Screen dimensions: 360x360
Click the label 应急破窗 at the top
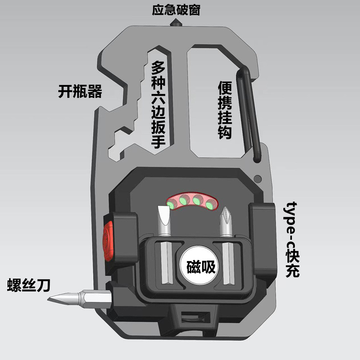point(176,10)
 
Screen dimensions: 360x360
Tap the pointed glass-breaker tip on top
point(176,22)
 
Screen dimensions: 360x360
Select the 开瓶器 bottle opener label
point(80,91)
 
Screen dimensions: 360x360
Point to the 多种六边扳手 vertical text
point(158,104)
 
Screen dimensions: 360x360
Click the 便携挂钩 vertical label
point(225,110)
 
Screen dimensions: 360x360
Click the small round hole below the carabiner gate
point(258,178)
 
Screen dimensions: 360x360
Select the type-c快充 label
point(292,239)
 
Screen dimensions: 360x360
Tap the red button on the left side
point(108,240)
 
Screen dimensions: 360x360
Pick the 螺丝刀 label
point(29,285)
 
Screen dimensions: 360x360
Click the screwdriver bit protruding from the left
point(80,299)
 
